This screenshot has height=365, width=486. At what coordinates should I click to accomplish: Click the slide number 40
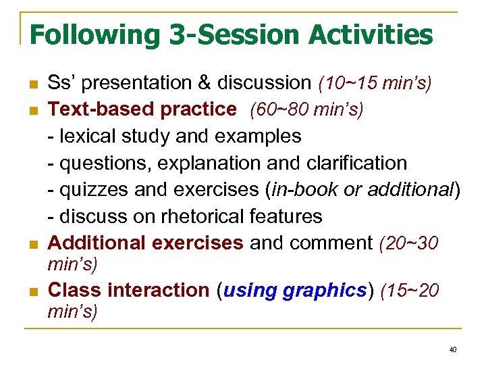point(452,349)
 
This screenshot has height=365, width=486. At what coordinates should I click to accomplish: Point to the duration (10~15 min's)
point(375,83)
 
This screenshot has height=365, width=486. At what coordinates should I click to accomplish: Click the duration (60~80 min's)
point(306,109)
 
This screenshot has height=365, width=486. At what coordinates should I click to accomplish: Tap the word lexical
point(86,137)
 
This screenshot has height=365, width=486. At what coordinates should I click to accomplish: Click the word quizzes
point(94,190)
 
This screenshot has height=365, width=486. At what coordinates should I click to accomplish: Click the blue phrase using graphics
point(294,291)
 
